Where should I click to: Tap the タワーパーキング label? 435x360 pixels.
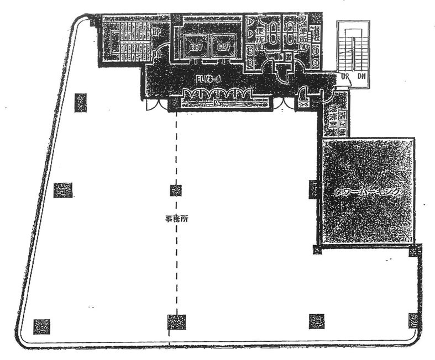point(367,191)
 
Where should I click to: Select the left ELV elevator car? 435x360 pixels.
point(195,46)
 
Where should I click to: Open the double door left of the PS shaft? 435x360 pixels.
point(156,104)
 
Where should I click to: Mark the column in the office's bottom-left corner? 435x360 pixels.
point(41,326)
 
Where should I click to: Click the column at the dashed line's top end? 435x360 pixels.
point(176,103)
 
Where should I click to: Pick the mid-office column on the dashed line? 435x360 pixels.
point(176,190)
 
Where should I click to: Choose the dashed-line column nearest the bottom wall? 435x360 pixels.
point(176,321)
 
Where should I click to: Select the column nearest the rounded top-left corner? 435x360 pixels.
point(81,102)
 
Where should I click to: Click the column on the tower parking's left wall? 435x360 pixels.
point(313,189)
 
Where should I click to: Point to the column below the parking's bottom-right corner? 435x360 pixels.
point(415,252)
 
